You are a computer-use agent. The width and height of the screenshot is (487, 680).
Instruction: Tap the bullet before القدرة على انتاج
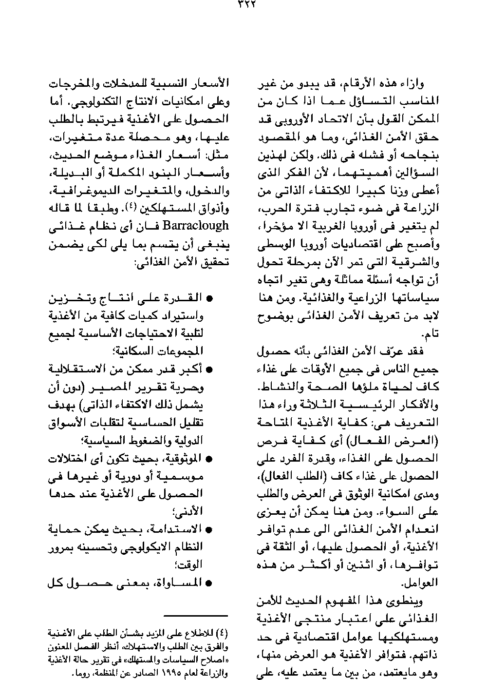[x=210, y=298]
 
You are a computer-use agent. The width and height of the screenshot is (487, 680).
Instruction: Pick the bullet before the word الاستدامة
[x=210, y=529]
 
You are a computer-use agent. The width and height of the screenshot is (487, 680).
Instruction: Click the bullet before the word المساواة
[x=210, y=583]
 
